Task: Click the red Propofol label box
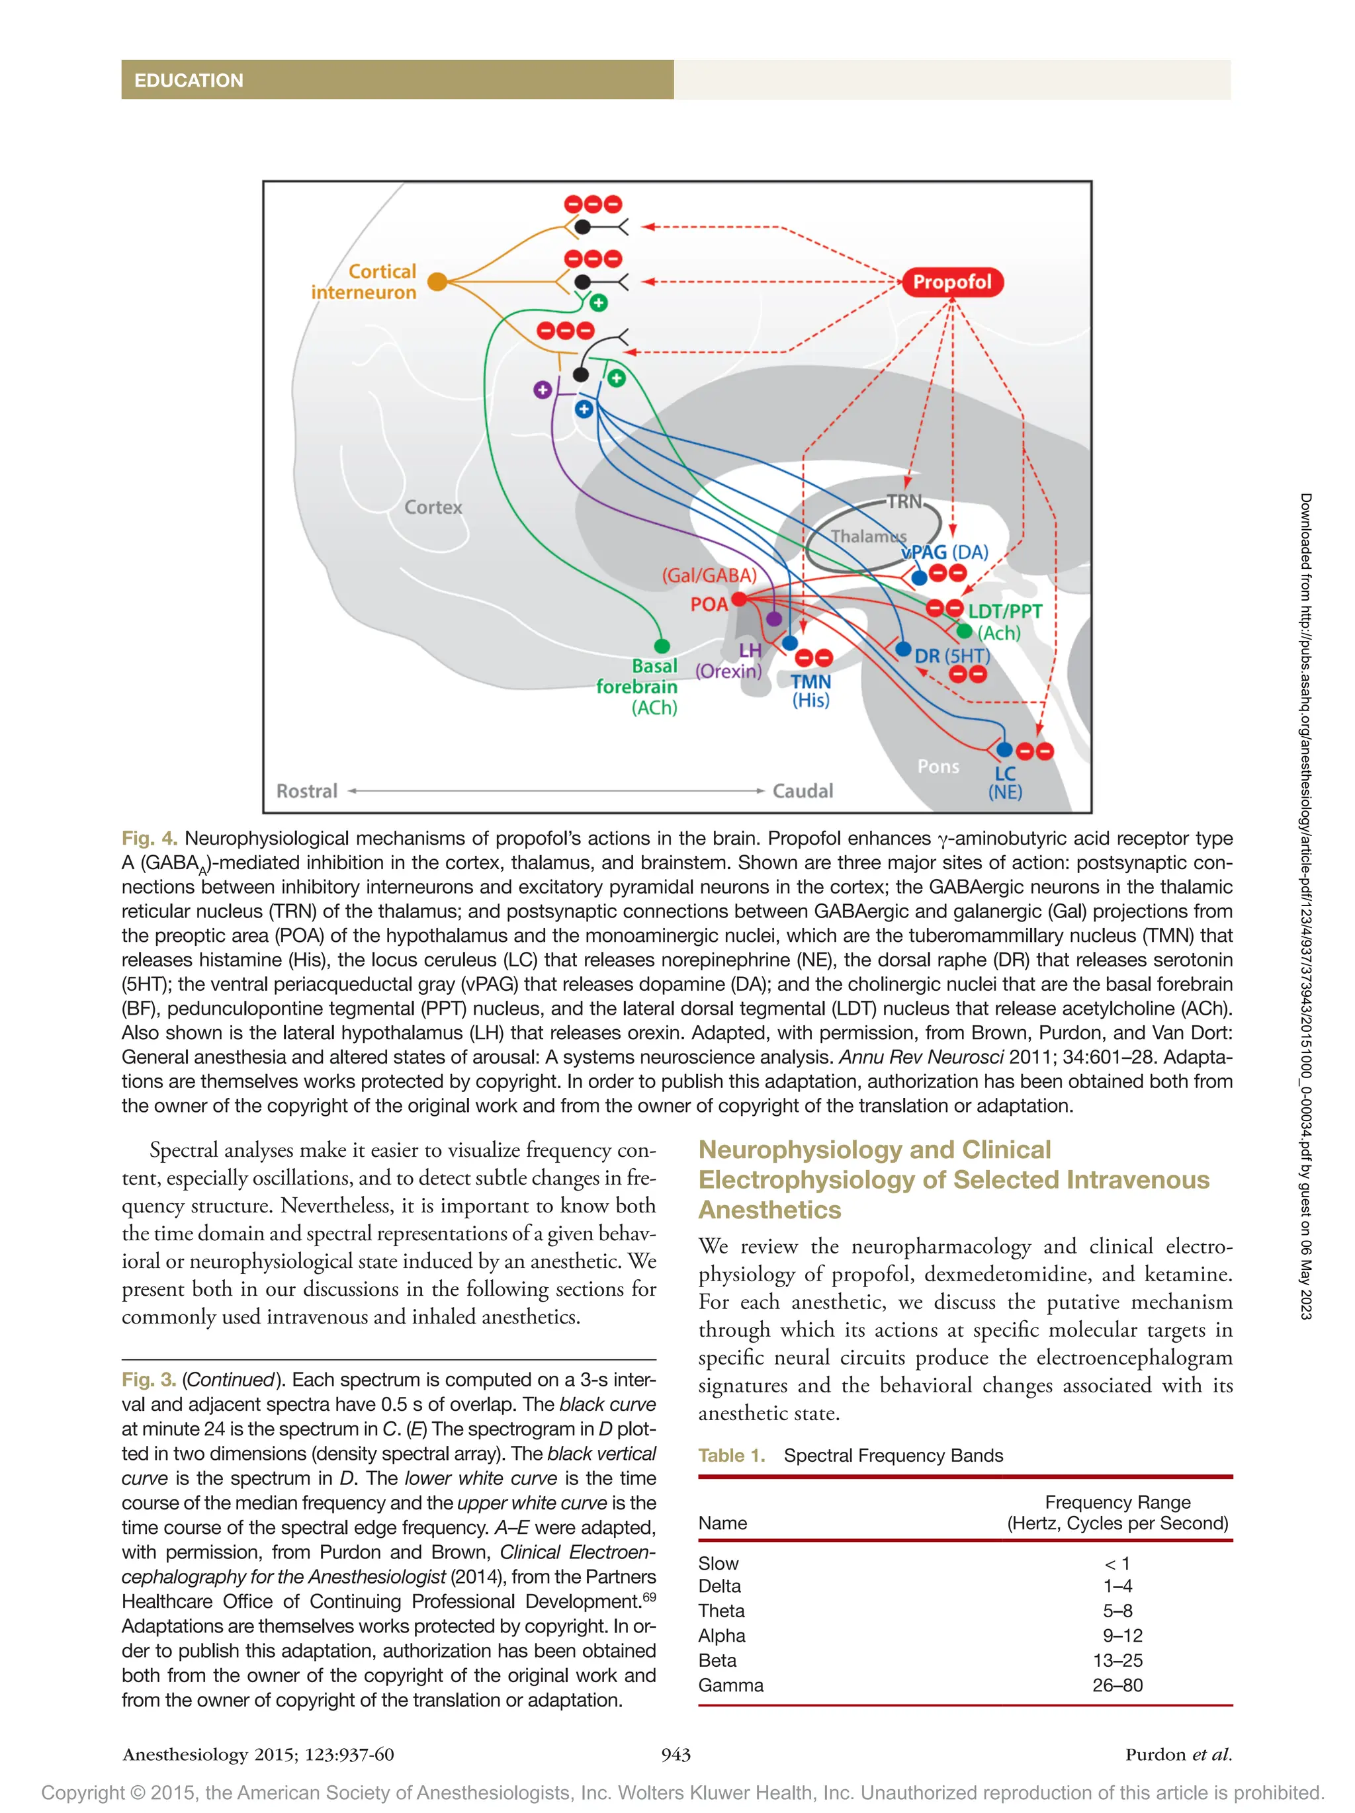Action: click(951, 282)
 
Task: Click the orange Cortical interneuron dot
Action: click(438, 282)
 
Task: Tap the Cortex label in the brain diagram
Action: click(433, 507)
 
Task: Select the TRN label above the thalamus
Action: click(904, 501)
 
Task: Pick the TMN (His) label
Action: click(810, 691)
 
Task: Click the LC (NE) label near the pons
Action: click(1005, 782)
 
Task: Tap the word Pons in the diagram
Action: click(938, 767)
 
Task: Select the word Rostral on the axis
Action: click(306, 791)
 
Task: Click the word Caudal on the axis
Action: click(803, 791)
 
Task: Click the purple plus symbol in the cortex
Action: click(542, 390)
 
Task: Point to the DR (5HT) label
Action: click(951, 655)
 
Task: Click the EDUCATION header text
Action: click(189, 80)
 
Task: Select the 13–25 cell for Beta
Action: click(1117, 1661)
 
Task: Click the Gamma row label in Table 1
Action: click(730, 1685)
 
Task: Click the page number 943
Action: click(676, 1754)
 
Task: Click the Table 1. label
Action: click(731, 1456)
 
